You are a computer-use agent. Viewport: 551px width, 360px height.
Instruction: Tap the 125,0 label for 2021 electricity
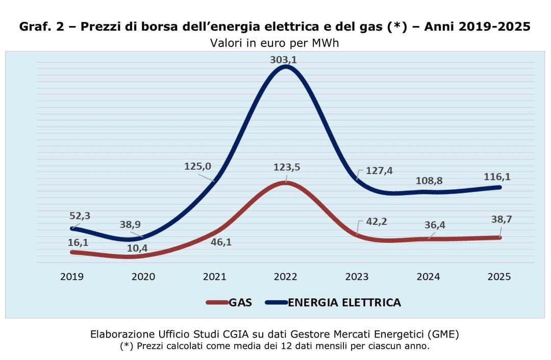pyautogui.click(x=196, y=166)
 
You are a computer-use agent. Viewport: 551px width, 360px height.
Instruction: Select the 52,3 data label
pyautogui.click(x=80, y=216)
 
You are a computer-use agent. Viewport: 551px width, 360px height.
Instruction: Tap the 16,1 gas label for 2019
pyautogui.click(x=78, y=242)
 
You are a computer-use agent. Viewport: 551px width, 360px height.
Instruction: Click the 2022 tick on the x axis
pyautogui.click(x=285, y=277)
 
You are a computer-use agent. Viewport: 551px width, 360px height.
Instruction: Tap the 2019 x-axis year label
pyautogui.click(x=72, y=277)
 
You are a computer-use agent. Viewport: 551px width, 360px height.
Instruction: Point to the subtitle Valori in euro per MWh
pyautogui.click(x=274, y=43)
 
